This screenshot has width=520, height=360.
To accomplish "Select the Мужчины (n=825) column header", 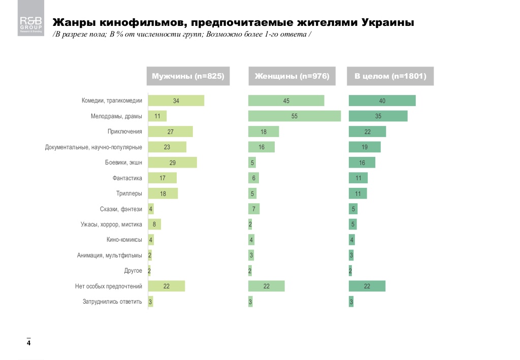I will click(188, 76).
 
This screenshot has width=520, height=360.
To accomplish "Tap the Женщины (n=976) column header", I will click(292, 76).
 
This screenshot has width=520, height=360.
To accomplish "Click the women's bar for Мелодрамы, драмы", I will click(294, 116).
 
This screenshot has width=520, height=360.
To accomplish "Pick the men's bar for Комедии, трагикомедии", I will click(176, 101).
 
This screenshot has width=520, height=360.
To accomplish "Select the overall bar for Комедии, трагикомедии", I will click(382, 101).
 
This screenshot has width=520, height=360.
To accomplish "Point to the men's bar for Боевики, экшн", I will click(172, 162).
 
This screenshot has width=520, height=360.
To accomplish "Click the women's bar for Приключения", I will click(263, 132).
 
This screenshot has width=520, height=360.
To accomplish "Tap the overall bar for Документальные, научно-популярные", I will click(365, 147).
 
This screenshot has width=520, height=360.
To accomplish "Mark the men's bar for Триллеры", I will click(162, 193).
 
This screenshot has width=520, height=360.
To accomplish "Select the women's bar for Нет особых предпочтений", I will click(266, 286).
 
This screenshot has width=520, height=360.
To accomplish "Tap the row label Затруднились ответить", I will click(112, 302).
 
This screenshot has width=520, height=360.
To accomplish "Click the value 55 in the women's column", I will click(294, 116).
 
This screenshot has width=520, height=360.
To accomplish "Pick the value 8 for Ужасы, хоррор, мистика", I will click(154, 224).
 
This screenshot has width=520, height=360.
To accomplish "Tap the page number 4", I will click(29, 343).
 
